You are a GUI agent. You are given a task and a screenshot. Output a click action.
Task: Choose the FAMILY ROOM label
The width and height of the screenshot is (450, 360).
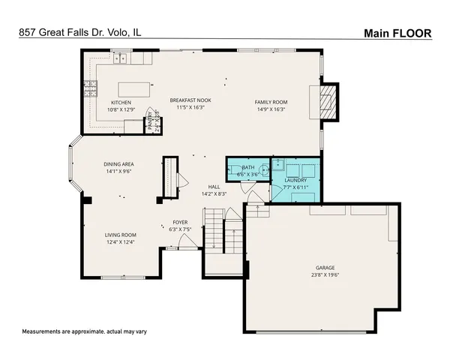(x=271, y=102)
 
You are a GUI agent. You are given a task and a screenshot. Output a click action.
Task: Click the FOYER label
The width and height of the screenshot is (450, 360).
(x=180, y=222)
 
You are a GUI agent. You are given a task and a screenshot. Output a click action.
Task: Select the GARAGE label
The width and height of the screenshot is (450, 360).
(x=325, y=267)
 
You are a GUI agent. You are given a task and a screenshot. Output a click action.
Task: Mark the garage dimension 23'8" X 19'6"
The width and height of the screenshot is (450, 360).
(x=325, y=274)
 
